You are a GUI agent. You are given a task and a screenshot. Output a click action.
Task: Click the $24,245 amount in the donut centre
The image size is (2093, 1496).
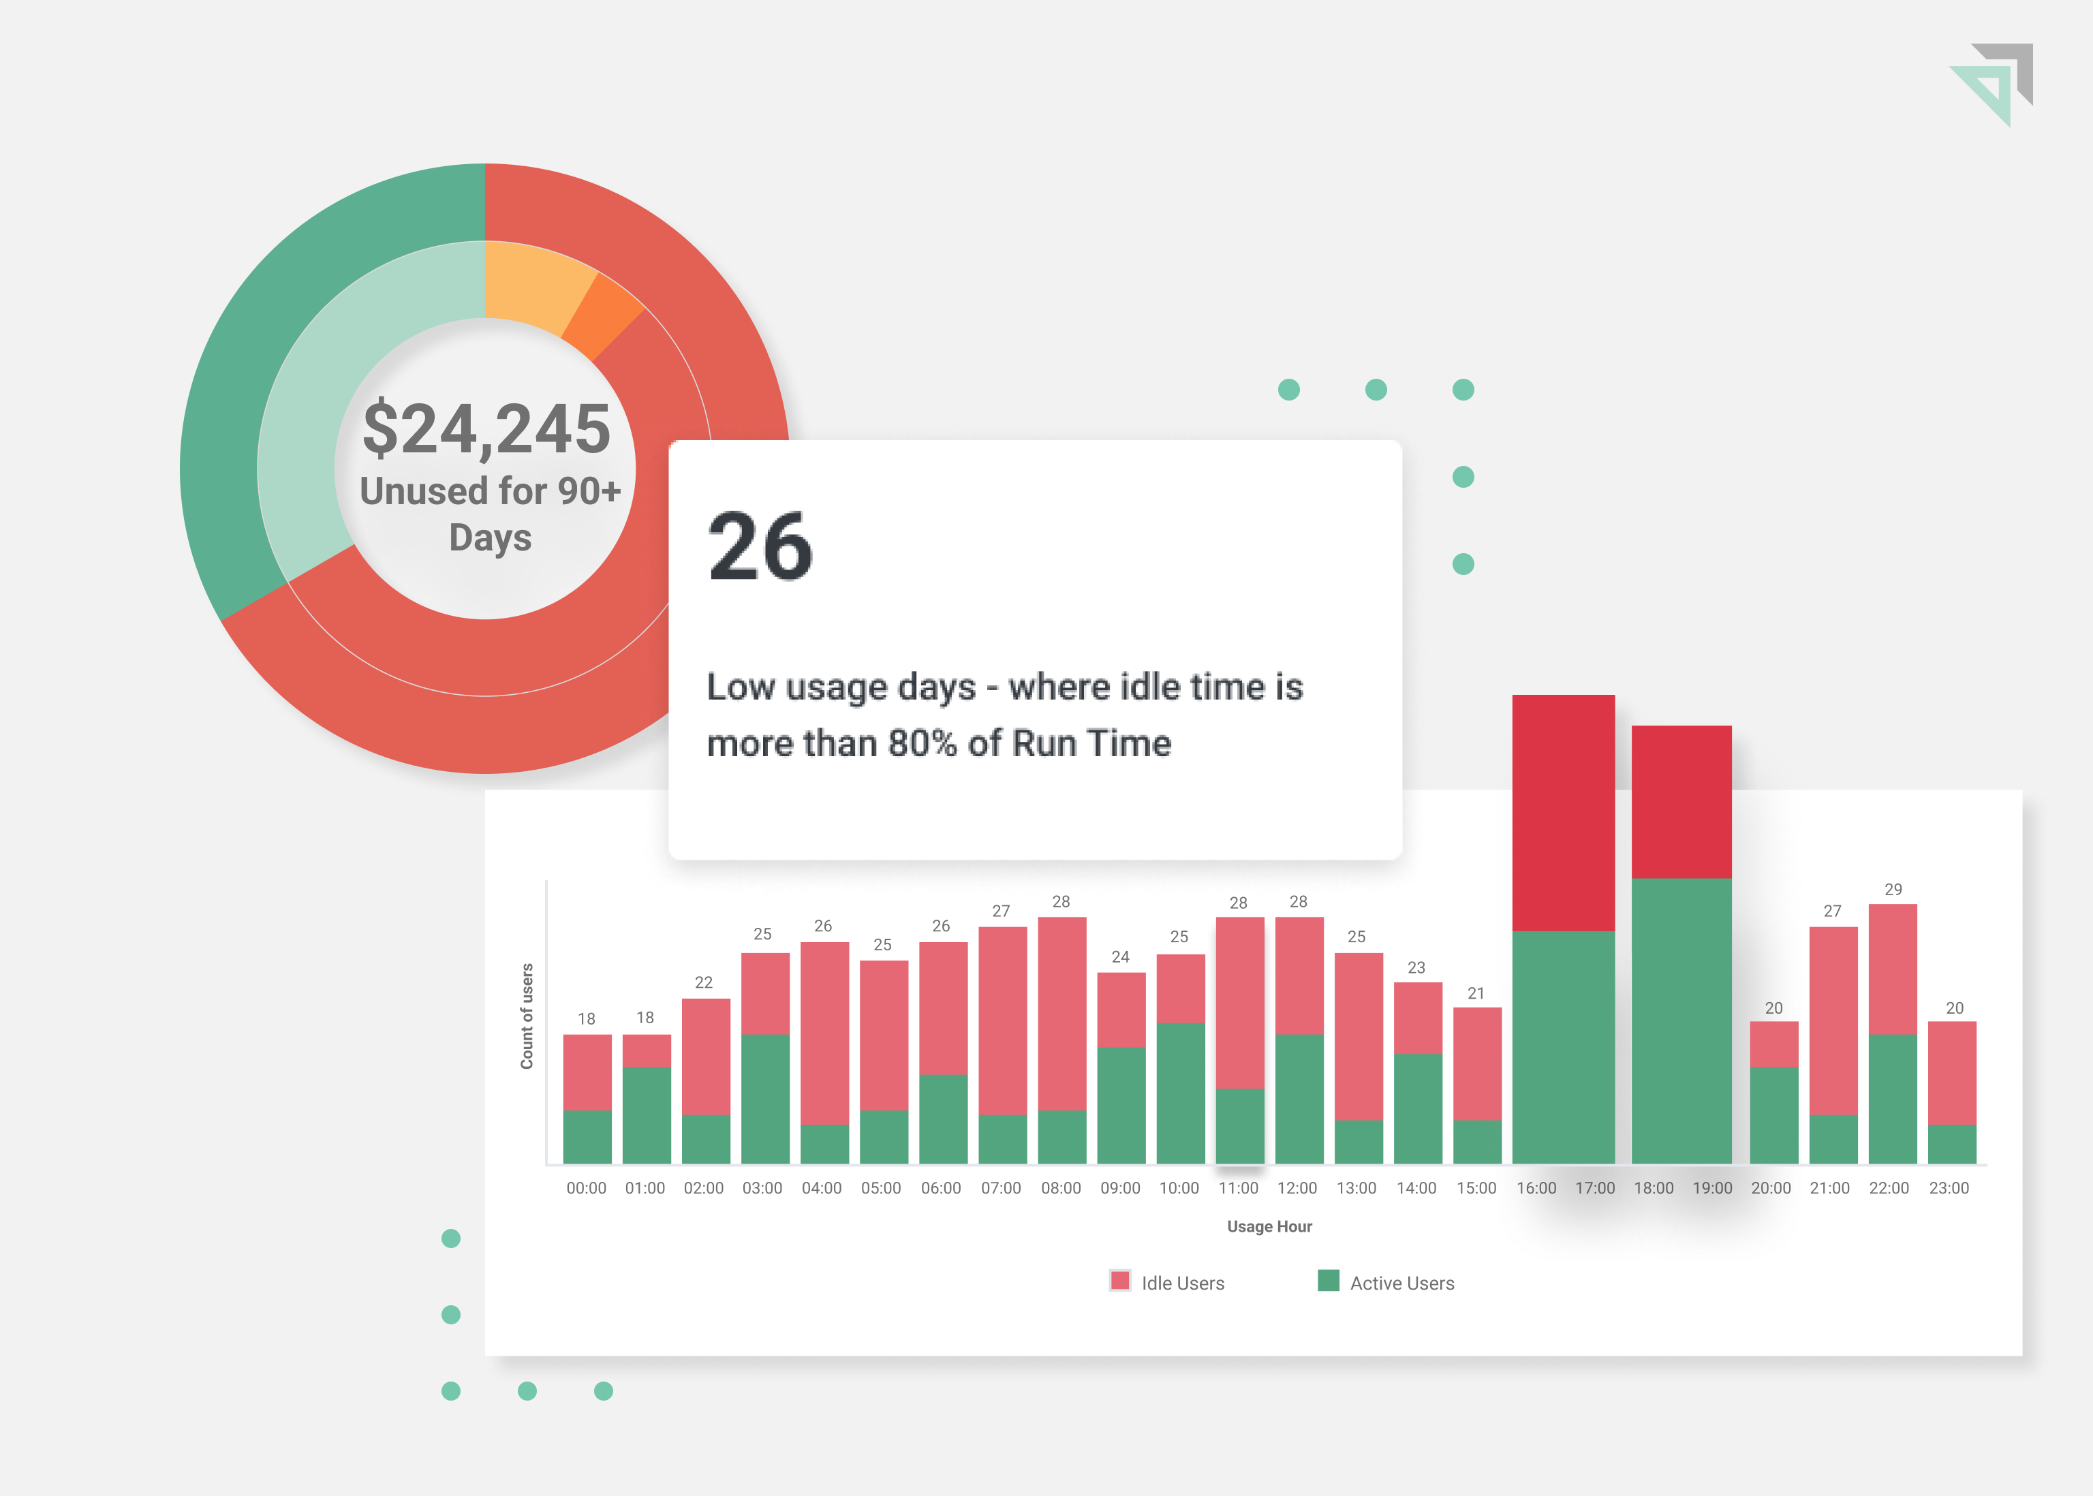(x=486, y=429)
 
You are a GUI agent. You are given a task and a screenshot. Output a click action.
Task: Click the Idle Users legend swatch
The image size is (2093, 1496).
(x=1119, y=1281)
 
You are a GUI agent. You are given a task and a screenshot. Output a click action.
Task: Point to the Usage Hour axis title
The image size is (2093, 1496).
(x=1269, y=1226)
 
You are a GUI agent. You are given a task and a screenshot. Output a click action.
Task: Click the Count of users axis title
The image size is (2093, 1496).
(x=527, y=1016)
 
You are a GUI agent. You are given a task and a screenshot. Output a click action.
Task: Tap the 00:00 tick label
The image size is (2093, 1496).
(x=586, y=1188)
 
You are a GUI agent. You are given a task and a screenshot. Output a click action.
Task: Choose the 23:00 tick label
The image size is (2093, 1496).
(x=1949, y=1188)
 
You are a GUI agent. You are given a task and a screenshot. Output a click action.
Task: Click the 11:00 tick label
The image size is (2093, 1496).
(x=1238, y=1188)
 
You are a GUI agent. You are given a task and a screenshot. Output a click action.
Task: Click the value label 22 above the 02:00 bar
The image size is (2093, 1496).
(x=703, y=982)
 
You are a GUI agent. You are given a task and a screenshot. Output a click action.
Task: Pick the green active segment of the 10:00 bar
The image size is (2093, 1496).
(x=1180, y=1093)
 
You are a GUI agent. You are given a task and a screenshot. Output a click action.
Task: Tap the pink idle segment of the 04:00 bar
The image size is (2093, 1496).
(x=824, y=1031)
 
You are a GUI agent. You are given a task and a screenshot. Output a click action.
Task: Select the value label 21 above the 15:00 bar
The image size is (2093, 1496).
(x=1476, y=993)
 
